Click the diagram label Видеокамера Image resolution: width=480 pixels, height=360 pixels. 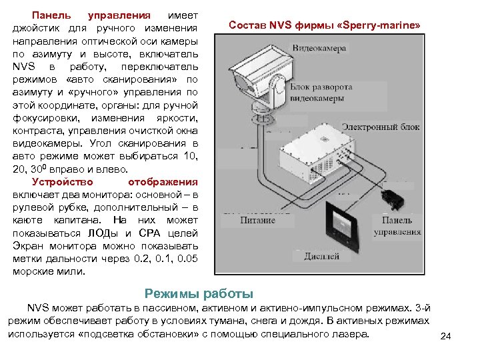coord(319,49)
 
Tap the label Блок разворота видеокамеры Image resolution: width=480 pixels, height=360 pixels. coord(322,93)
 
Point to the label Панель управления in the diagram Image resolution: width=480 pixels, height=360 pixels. coord(397,226)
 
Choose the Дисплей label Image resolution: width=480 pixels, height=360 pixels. coord(321,256)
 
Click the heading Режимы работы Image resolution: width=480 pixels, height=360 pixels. coord(199,293)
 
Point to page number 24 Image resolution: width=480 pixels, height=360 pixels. coord(446,335)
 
